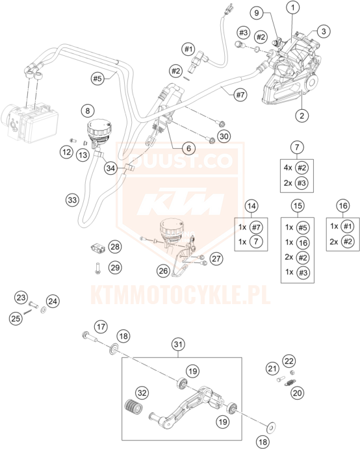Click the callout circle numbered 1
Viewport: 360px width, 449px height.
point(292,8)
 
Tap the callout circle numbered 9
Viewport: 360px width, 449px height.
point(256,12)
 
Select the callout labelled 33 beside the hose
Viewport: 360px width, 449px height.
point(72,199)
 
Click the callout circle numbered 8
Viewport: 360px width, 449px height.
point(87,111)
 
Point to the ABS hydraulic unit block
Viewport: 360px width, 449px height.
point(29,122)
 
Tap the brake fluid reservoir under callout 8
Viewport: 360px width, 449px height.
point(99,132)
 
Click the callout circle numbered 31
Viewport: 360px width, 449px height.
point(178,344)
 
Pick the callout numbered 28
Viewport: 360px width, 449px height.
point(115,246)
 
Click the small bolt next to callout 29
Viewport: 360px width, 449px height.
point(97,268)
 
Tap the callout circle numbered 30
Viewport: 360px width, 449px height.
point(224,136)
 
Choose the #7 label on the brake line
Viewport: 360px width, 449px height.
point(240,94)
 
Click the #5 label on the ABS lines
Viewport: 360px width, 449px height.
point(97,78)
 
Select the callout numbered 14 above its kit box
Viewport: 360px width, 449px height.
point(251,206)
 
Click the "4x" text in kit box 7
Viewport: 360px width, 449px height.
point(288,168)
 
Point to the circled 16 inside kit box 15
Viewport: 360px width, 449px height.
point(303,243)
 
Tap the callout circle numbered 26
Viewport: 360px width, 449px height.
point(163,270)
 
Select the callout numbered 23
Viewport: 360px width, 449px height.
point(21,298)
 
